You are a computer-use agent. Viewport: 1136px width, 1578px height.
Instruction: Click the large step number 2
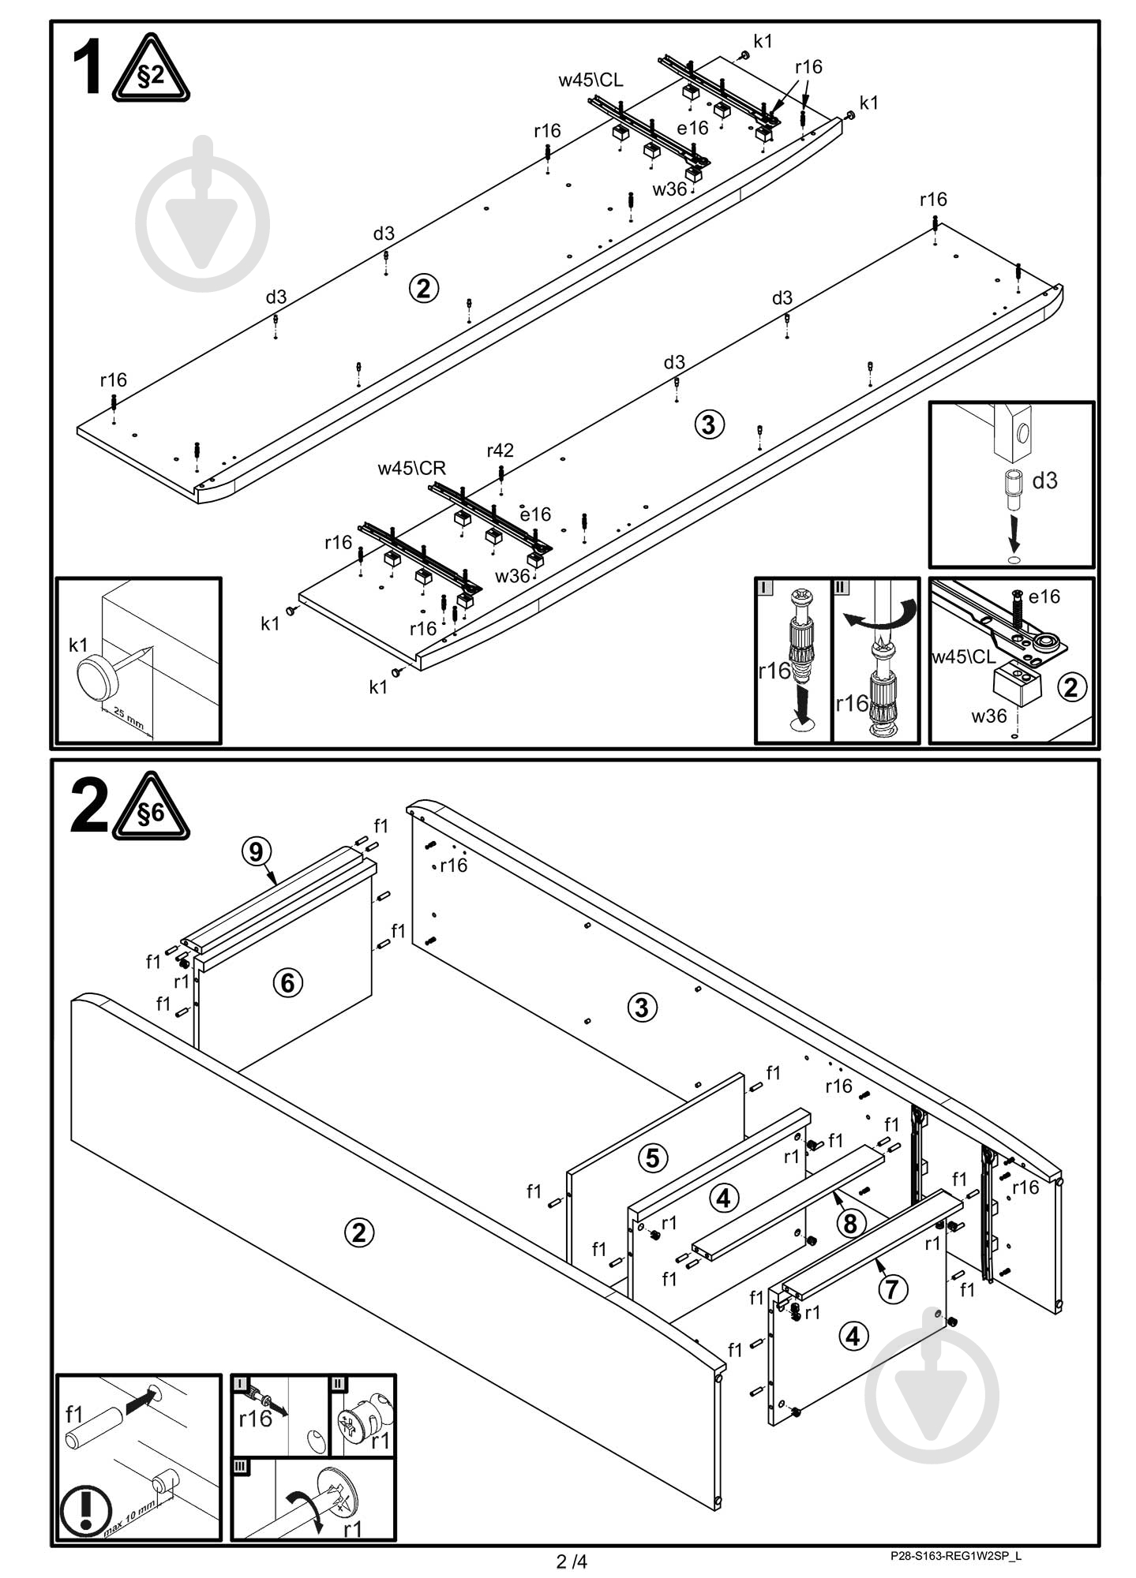point(88,806)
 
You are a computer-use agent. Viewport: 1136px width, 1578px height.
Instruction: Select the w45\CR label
point(411,468)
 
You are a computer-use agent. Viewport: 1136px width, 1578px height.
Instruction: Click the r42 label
point(500,450)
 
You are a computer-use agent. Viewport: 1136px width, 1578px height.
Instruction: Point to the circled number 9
point(256,851)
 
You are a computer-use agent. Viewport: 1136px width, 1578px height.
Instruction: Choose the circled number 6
point(287,982)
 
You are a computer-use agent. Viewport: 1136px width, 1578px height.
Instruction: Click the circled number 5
point(652,1157)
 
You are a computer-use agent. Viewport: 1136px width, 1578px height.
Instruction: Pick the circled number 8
point(850,1223)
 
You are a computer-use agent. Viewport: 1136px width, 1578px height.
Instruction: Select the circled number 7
point(892,1288)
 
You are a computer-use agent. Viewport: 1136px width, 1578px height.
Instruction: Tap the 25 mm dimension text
point(128,717)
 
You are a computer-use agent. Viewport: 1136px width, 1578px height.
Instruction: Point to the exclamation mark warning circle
point(85,1511)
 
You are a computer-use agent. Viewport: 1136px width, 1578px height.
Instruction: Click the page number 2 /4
point(572,1561)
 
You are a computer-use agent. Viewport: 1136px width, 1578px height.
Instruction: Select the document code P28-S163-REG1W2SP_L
point(955,1556)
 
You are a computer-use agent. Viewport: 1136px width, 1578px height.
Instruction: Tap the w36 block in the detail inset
point(1017,685)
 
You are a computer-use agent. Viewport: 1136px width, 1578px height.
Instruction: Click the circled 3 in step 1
point(708,424)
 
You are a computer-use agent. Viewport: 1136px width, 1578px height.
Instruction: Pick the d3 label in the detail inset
point(1044,480)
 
